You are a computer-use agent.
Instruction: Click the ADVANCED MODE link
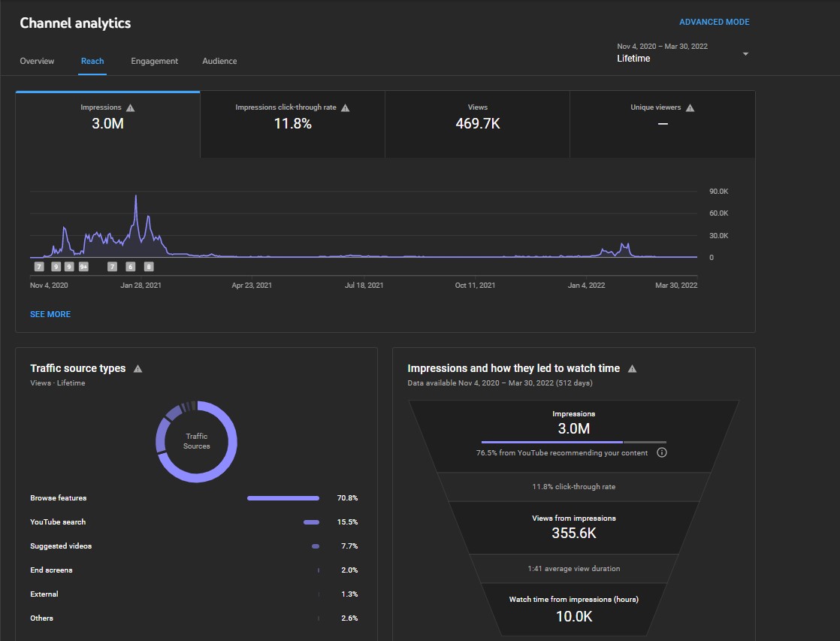714,22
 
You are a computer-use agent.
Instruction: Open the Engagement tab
154,61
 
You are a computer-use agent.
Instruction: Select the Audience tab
219,61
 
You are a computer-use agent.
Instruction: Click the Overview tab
37,61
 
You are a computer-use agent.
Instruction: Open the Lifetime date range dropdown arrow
745,53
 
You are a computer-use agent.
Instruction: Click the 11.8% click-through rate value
292,124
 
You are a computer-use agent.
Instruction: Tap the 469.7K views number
477,124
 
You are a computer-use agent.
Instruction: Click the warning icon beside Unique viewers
690,107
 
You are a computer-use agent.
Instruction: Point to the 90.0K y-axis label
719,192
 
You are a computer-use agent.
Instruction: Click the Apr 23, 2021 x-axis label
252,285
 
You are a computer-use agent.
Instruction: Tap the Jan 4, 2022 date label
586,285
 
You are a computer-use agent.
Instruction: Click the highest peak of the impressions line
136,195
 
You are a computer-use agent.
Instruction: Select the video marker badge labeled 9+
83,266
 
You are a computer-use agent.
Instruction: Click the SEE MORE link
50,314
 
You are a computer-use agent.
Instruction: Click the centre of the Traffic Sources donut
197,441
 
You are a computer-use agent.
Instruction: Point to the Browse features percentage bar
283,498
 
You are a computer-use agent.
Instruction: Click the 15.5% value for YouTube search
347,522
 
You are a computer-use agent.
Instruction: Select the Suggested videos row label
61,546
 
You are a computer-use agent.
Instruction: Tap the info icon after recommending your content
662,452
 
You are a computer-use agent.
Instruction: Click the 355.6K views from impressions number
574,534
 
